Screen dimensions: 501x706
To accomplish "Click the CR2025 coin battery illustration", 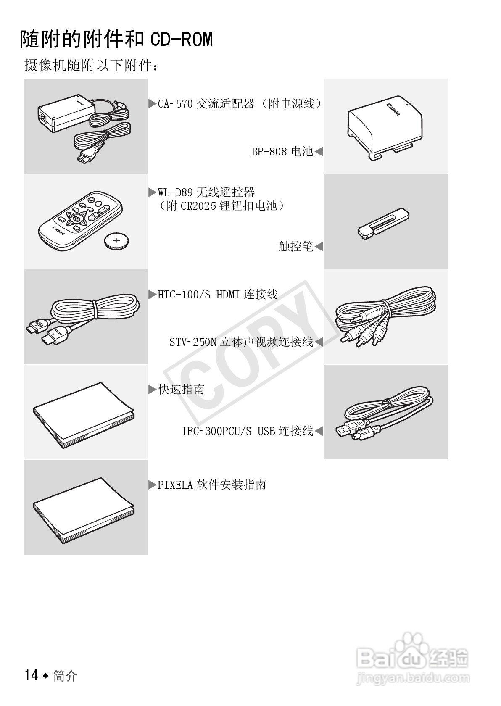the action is (x=117, y=241).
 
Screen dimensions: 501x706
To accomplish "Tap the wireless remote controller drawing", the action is (x=80, y=221).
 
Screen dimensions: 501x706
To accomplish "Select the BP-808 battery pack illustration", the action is (x=385, y=128).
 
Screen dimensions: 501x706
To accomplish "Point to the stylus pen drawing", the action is (x=383, y=224).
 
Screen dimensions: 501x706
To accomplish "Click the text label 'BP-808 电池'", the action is (x=282, y=152).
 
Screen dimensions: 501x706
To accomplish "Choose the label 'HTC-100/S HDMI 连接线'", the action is (x=218, y=294).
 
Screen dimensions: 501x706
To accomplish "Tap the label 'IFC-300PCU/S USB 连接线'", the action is (x=248, y=431).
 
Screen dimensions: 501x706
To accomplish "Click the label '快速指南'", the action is (x=181, y=390).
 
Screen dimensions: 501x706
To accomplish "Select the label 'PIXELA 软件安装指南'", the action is (x=212, y=485).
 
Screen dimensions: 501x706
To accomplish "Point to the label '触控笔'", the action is (x=296, y=246).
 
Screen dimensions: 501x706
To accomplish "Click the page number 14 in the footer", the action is (x=31, y=675).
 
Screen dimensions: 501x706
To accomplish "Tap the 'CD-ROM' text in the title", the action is (x=182, y=40).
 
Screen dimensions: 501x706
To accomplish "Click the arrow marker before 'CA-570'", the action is (x=153, y=103).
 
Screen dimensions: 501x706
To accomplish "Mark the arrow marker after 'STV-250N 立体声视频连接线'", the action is (x=319, y=342).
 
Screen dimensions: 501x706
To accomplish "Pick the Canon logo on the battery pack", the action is (x=393, y=109).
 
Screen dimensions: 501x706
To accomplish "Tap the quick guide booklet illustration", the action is (x=84, y=415).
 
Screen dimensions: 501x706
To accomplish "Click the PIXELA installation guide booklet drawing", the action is (x=84, y=511).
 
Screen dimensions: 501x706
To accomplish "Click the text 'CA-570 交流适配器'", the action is (x=206, y=103).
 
